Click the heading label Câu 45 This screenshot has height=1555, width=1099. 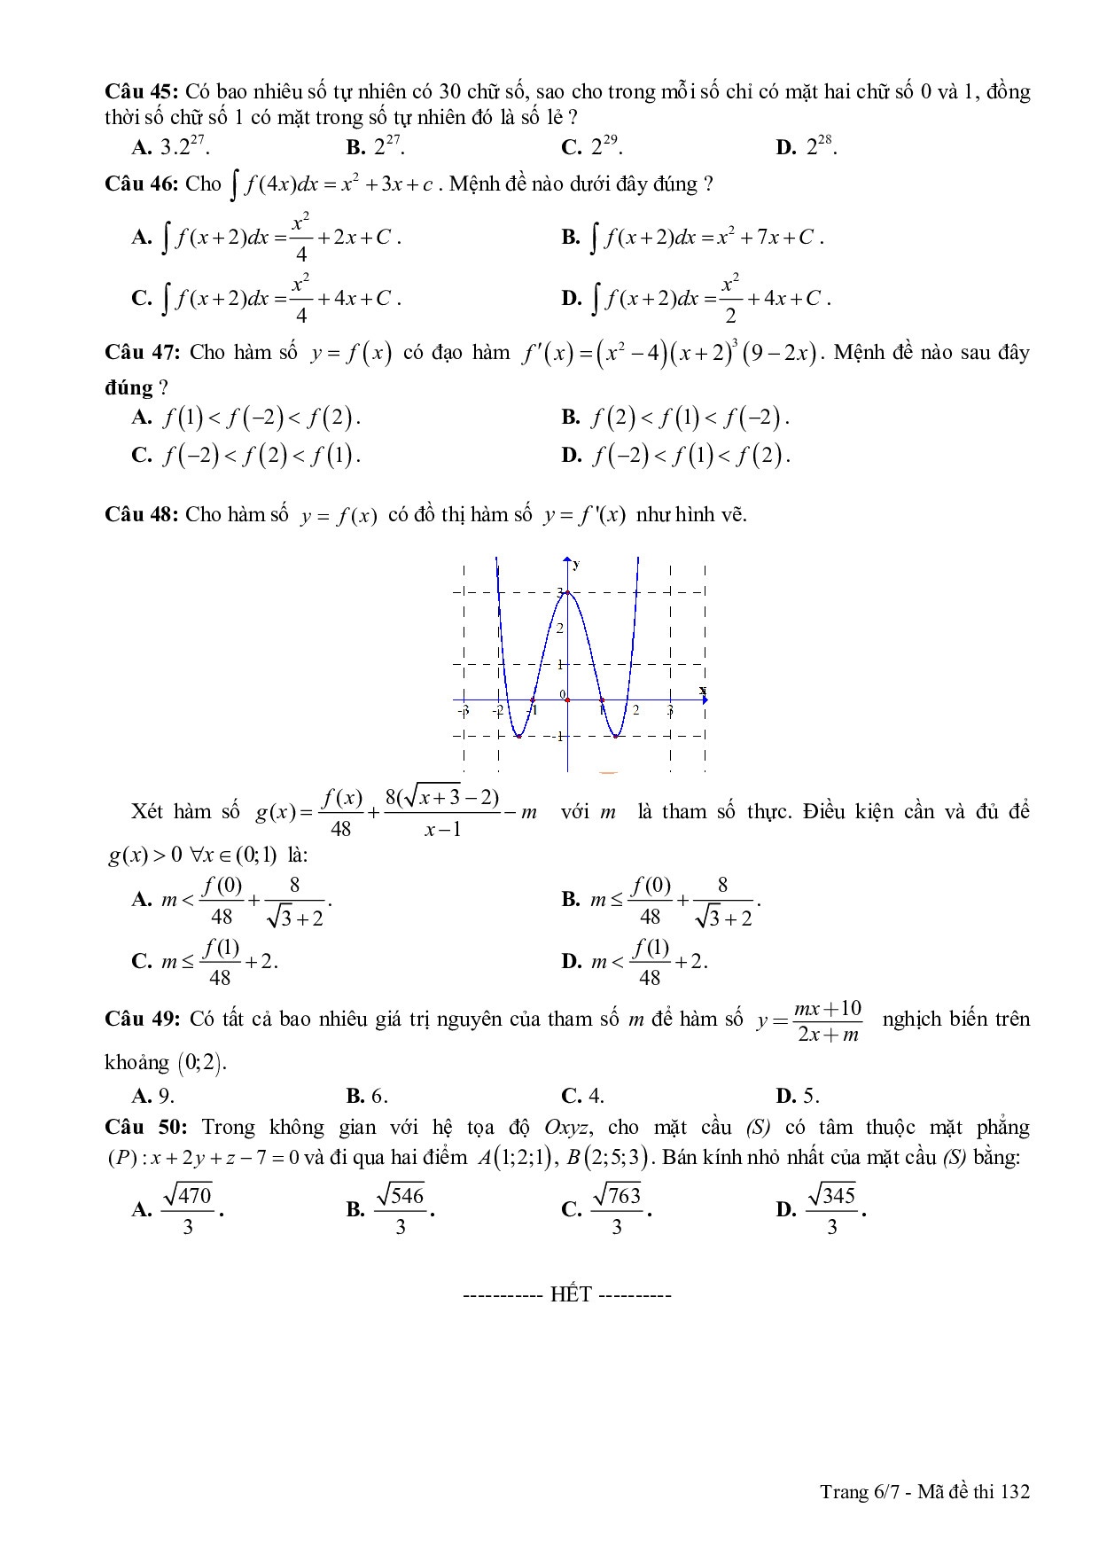pos(142,92)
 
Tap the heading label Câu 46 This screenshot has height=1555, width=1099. pos(142,184)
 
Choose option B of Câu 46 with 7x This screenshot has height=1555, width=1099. pos(692,238)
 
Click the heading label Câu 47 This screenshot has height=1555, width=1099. pos(142,353)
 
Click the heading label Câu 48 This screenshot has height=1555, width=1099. pos(142,515)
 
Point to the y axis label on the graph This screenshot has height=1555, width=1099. pos(577,564)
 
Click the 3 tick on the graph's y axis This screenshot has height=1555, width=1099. pos(560,592)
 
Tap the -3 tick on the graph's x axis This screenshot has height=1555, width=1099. pos(463,711)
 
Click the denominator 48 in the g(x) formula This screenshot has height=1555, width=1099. pos(340,829)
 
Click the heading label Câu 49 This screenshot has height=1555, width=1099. pos(142,1020)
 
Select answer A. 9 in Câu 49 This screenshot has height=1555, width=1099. pos(153,1096)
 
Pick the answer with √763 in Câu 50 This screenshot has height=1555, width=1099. pos(607,1209)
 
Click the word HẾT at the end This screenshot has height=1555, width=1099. pos(570,1295)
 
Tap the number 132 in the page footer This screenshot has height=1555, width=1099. pos(1014,1492)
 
